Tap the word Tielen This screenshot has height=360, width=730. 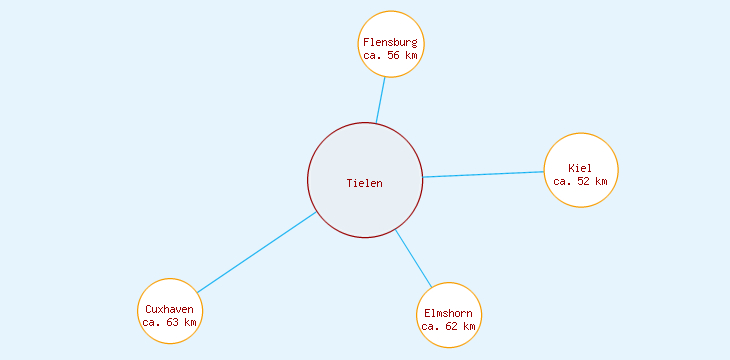click(365, 183)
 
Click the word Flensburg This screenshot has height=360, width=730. click(391, 42)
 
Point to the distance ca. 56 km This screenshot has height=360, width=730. click(391, 55)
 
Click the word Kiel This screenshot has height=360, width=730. click(580, 168)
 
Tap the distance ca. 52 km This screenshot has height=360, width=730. click(581, 181)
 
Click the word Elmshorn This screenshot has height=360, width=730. click(449, 313)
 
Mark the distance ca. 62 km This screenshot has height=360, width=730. click(449, 326)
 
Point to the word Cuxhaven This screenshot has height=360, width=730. click(170, 309)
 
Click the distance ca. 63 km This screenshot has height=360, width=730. click(170, 322)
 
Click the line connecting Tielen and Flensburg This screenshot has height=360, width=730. click(381, 100)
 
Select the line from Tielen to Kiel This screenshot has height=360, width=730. click(484, 174)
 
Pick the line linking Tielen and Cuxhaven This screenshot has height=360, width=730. click(256, 252)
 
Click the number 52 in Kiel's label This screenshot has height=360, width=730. click(585, 181)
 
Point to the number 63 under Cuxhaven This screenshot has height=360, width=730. click(174, 322)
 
